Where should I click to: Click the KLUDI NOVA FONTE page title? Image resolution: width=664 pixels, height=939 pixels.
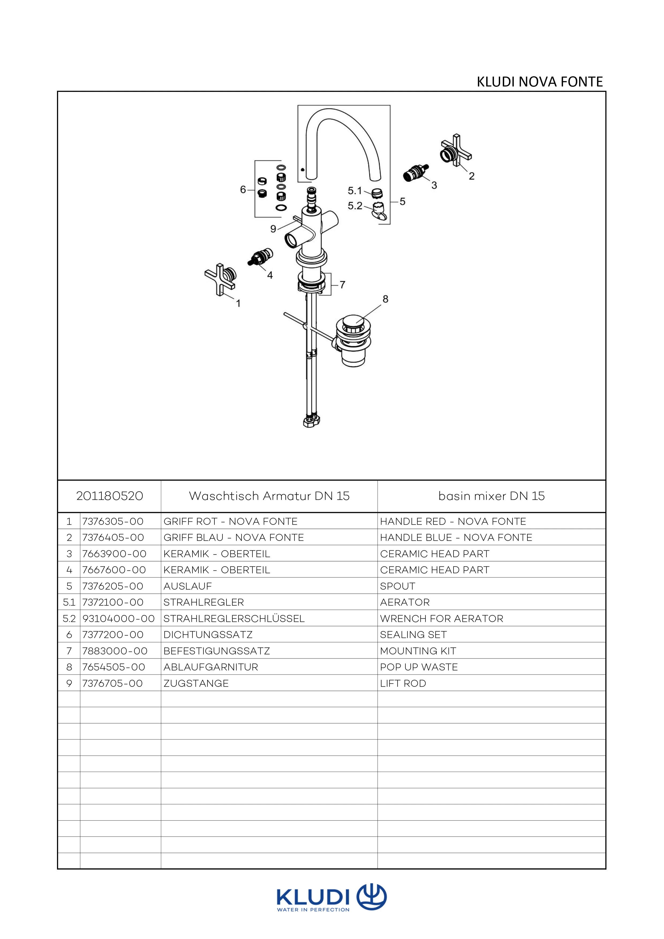[x=539, y=82]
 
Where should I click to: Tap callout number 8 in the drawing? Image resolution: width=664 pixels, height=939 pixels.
[x=385, y=299]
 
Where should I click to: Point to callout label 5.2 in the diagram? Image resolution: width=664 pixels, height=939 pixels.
[x=355, y=206]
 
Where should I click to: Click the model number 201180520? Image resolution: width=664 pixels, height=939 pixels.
[x=110, y=496]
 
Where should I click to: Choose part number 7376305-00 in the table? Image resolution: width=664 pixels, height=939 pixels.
[x=113, y=521]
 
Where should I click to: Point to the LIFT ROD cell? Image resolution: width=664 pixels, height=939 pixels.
[x=403, y=683]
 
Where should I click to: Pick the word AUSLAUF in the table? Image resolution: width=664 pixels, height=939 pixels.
[x=188, y=586]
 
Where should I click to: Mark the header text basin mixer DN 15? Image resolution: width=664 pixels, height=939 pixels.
[x=491, y=496]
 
